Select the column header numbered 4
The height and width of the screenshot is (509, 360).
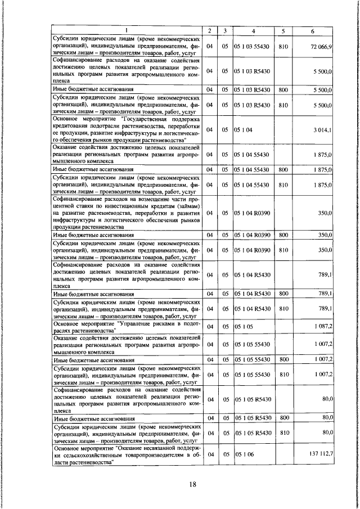(x=253, y=30)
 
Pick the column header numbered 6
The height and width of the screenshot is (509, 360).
(x=313, y=30)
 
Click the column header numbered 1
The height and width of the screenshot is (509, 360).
(x=126, y=30)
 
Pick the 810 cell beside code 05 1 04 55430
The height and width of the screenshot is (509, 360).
(x=283, y=184)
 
